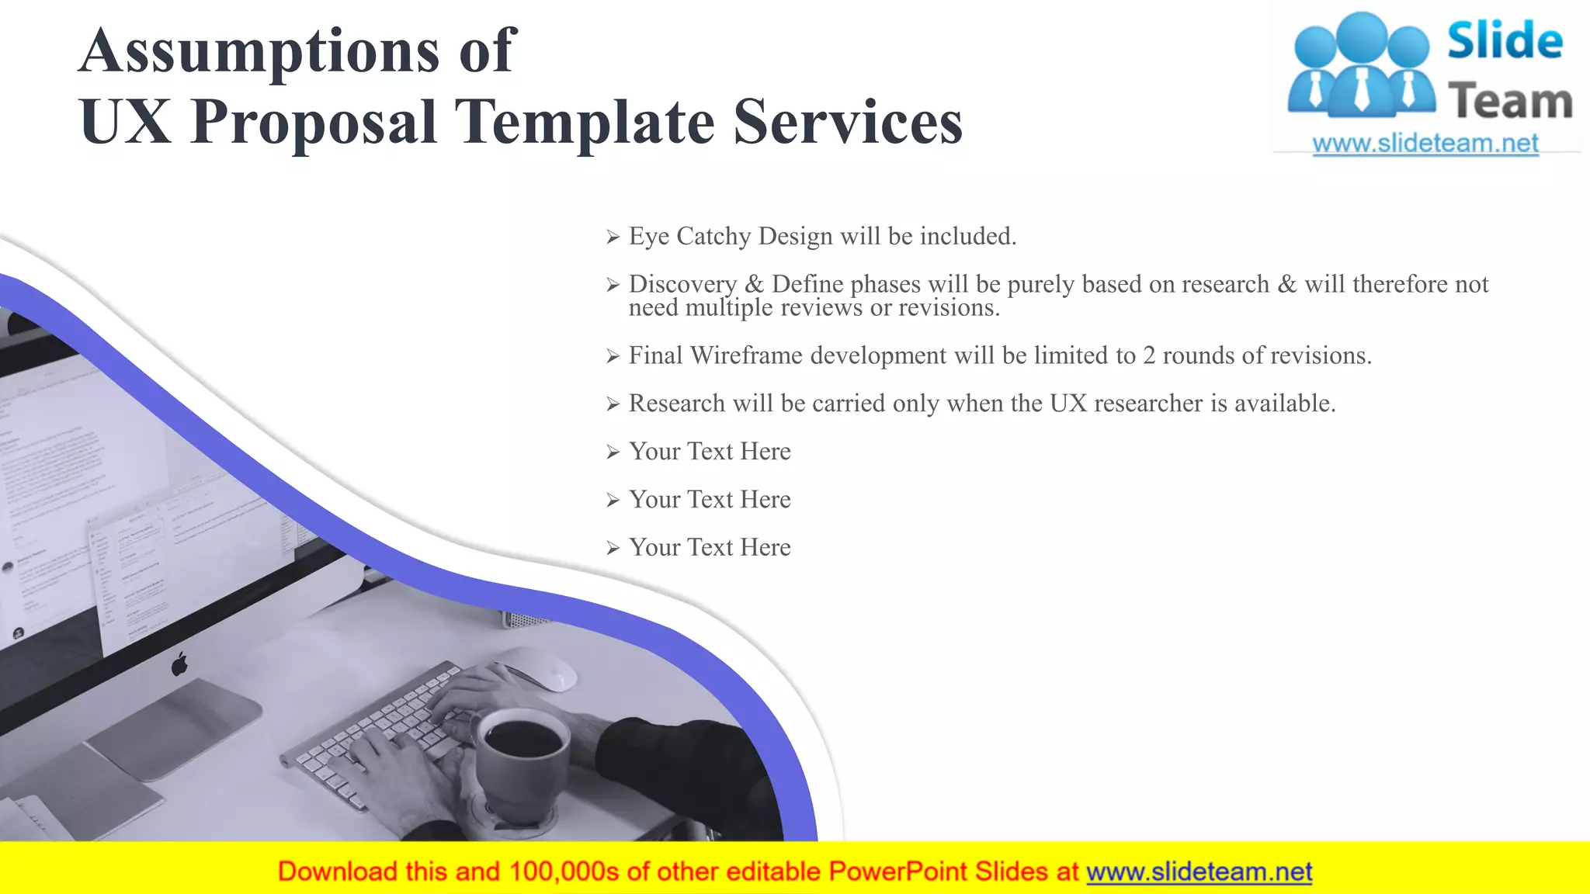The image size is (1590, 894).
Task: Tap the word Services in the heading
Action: pyautogui.click(x=848, y=123)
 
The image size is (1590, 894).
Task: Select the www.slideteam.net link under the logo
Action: pyautogui.click(x=1425, y=144)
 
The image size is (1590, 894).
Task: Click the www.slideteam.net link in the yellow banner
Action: pyautogui.click(x=1199, y=872)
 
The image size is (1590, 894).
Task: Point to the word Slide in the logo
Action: pyautogui.click(x=1505, y=40)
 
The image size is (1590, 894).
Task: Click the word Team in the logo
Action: pyautogui.click(x=1510, y=102)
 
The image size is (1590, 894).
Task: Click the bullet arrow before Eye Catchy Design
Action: pyautogui.click(x=613, y=237)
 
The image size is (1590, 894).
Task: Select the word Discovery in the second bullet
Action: pyautogui.click(x=682, y=284)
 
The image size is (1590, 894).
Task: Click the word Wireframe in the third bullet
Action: pyautogui.click(x=746, y=355)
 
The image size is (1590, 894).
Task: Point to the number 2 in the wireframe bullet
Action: pyautogui.click(x=1148, y=355)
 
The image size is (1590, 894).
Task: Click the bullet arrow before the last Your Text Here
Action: pyautogui.click(x=613, y=549)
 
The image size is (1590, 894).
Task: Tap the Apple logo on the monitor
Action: pyautogui.click(x=180, y=664)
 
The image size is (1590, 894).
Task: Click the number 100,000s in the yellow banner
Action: pyautogui.click(x=564, y=872)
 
